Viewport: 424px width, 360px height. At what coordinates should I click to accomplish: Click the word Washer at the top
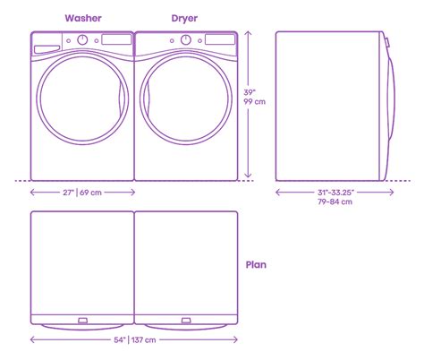coord(82,18)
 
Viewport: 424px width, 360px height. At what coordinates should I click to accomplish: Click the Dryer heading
coord(185,18)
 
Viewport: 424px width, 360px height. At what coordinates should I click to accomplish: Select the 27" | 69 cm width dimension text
coord(82,191)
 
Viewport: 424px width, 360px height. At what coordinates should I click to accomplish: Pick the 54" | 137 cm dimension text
coord(134,339)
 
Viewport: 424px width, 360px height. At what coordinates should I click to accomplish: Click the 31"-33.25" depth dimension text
coord(332,192)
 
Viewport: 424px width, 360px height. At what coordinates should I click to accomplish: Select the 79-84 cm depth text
coord(332,202)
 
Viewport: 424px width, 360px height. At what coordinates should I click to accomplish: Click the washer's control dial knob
coord(82,40)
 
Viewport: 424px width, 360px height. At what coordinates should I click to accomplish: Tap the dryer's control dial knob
coord(185,40)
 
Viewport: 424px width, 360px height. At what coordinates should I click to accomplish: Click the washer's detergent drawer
coord(47,41)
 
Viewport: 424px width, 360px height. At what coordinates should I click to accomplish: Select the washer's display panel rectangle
coord(114,40)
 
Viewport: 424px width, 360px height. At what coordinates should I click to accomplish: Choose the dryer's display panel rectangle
coord(217,40)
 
